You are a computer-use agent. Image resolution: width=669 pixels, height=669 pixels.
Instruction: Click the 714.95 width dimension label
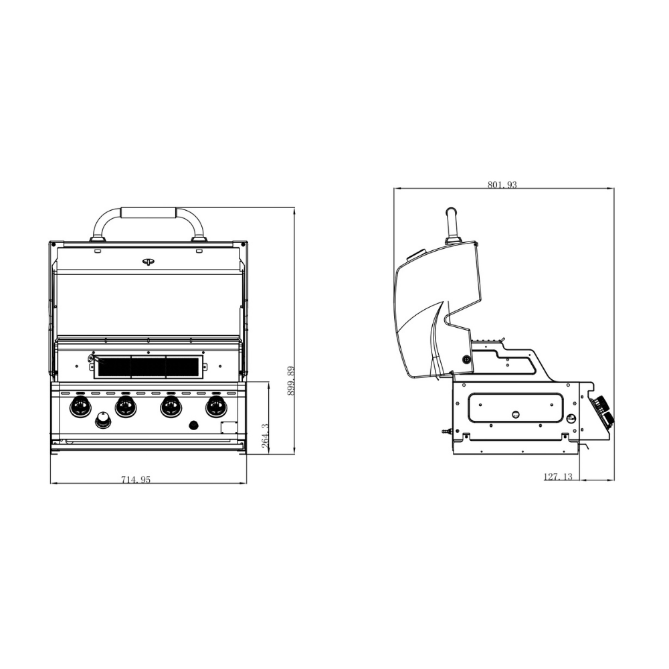point(136,478)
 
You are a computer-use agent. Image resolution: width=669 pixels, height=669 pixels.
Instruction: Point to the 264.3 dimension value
point(265,435)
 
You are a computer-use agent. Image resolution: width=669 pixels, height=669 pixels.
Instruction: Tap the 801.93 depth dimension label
point(502,185)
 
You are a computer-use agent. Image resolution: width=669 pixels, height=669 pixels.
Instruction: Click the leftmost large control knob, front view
point(80,406)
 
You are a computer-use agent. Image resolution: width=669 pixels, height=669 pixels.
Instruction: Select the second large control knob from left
point(125,406)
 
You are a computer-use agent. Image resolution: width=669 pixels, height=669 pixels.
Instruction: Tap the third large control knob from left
point(170,406)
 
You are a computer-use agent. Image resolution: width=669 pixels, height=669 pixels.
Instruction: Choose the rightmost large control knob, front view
point(215,406)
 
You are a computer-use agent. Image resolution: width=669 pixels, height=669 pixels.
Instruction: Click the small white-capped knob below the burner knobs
point(103,420)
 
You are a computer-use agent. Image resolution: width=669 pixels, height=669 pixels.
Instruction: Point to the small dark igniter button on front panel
point(195,425)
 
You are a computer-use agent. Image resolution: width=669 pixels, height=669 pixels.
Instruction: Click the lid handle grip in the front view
point(148,213)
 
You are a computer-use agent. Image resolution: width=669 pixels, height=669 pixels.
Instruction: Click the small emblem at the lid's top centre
point(148,262)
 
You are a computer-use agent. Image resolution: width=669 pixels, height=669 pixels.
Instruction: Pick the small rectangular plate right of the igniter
point(229,429)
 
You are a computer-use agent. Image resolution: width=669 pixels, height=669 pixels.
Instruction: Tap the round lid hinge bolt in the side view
point(466,360)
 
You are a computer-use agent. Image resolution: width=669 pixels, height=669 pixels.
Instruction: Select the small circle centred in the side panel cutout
point(515,413)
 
